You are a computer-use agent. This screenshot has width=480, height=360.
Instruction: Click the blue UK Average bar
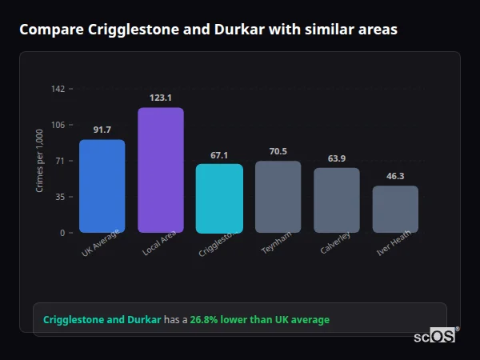point(102,186)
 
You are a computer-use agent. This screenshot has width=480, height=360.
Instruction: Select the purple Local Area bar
point(161,170)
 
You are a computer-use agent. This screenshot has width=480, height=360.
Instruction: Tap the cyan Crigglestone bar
point(219,198)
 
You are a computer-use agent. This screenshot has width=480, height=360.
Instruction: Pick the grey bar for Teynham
point(278,196)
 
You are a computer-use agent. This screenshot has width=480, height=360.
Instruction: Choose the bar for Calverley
point(337,200)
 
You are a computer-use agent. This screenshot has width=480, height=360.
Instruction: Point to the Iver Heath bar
point(395,209)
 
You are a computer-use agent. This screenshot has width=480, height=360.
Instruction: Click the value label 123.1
point(161,98)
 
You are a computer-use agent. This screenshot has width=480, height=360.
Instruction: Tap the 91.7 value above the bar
point(102,130)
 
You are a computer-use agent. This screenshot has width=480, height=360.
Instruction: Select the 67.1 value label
point(219,155)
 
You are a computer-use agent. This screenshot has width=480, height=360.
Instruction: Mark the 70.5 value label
point(278,151)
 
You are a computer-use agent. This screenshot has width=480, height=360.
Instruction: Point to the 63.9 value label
point(337,158)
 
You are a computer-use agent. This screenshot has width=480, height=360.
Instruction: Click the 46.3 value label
point(395,176)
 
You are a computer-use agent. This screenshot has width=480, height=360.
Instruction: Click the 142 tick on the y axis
point(58,89)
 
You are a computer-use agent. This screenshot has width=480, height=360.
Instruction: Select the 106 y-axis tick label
point(58,125)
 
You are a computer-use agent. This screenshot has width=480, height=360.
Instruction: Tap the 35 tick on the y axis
point(59,197)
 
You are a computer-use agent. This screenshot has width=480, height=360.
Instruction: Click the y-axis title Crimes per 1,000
point(39,161)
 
